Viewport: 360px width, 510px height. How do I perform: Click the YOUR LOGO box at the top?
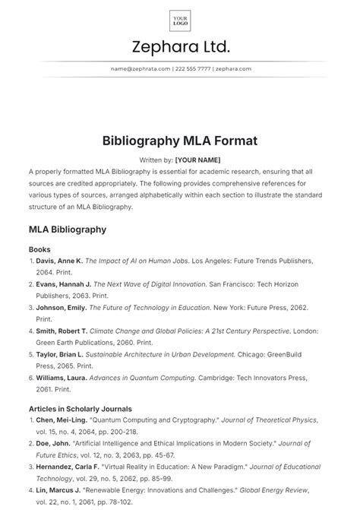click(180, 20)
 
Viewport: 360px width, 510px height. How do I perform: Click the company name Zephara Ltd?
click(180, 47)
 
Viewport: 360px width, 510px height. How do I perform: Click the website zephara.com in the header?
click(232, 68)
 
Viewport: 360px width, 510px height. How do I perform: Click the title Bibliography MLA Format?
click(180, 141)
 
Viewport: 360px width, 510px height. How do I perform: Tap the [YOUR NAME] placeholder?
click(197, 160)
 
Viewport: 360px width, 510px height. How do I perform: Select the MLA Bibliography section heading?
click(67, 229)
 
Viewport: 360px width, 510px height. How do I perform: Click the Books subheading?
click(41, 249)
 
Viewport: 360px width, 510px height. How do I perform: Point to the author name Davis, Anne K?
click(58, 261)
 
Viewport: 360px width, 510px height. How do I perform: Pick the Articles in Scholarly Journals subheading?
click(80, 409)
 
